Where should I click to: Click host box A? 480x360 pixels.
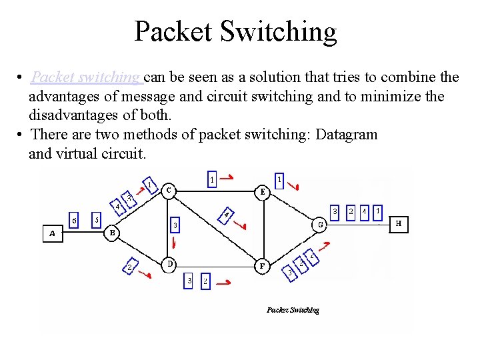click(x=52, y=234)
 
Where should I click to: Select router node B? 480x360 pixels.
click(x=113, y=233)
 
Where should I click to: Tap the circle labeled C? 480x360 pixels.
click(x=169, y=190)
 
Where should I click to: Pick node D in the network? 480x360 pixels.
click(x=170, y=264)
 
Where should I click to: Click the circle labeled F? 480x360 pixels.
click(x=263, y=265)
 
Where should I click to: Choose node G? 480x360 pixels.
click(x=321, y=225)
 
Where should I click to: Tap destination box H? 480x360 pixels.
click(x=399, y=224)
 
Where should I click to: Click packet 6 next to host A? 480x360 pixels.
click(x=75, y=221)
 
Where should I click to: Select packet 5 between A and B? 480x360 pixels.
click(x=97, y=219)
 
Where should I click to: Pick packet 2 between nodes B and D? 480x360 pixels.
click(x=129, y=268)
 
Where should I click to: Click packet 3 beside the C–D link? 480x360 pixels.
click(x=175, y=226)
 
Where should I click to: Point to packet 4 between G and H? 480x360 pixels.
click(x=364, y=211)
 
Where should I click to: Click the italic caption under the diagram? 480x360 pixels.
click(x=293, y=310)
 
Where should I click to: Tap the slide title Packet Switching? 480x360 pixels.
click(x=235, y=31)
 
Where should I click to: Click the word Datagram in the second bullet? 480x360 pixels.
click(x=347, y=135)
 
